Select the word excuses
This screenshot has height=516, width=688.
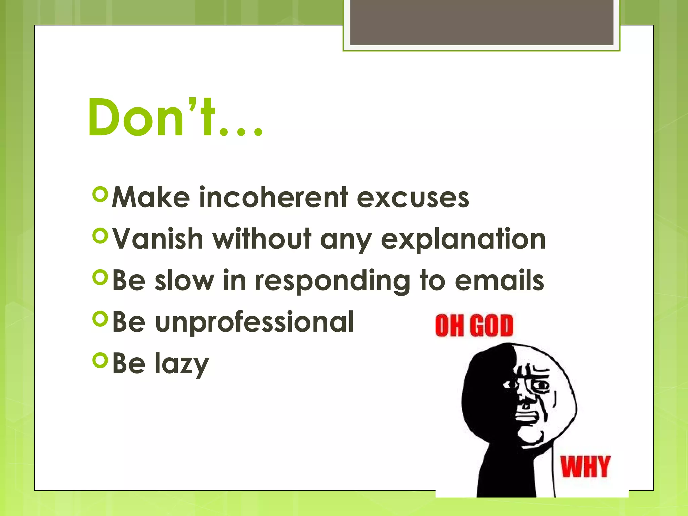(x=413, y=198)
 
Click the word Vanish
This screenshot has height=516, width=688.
(x=158, y=239)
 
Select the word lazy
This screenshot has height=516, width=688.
(x=182, y=364)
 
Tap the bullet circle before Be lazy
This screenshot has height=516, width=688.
(x=100, y=360)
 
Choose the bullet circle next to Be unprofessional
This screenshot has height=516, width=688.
(x=100, y=319)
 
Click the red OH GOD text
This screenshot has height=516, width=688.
(x=474, y=325)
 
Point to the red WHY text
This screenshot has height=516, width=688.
(x=585, y=467)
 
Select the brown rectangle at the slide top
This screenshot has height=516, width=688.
(x=481, y=22)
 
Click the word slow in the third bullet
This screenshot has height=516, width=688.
(x=184, y=281)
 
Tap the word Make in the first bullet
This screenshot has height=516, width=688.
(x=151, y=197)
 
